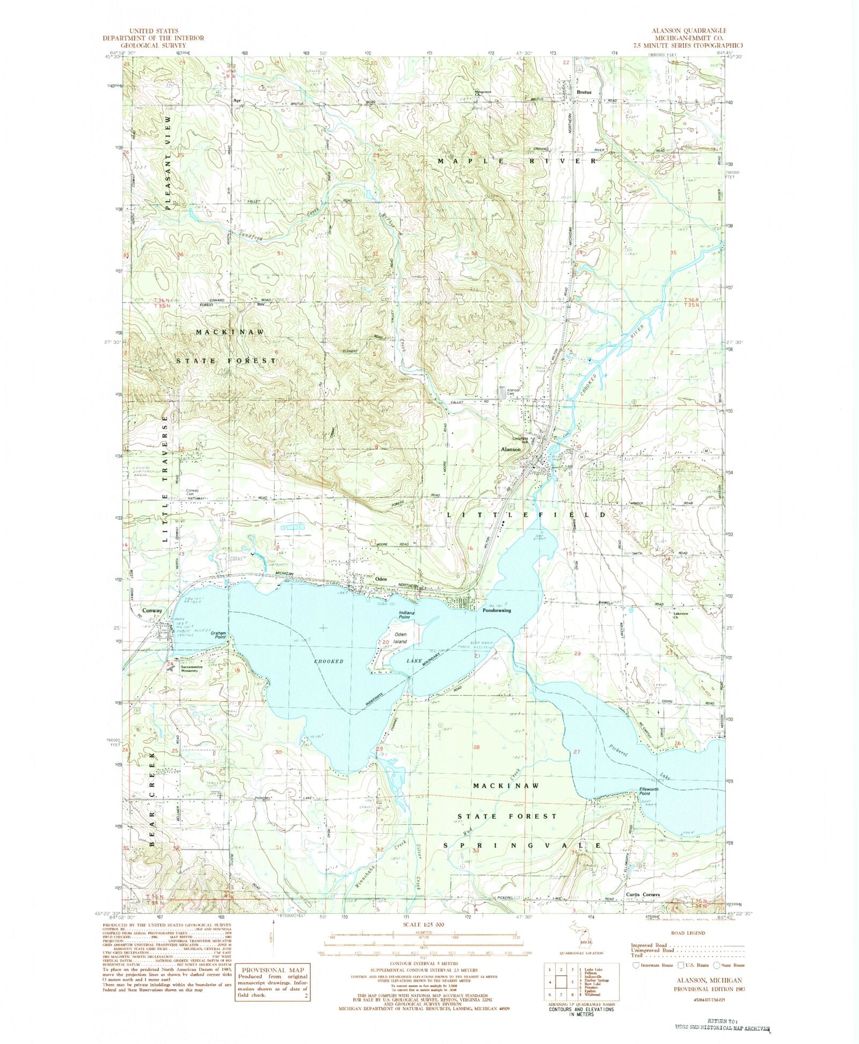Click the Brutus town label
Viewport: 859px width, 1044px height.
coord(584,92)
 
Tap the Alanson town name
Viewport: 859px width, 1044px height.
coord(511,449)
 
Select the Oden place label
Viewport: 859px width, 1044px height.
coord(381,579)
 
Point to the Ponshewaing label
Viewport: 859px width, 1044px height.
coord(497,610)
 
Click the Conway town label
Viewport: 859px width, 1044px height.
coord(152,611)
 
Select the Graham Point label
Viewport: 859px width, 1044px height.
coord(219,635)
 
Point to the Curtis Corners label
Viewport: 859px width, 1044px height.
coord(643,895)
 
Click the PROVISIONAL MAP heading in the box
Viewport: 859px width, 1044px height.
coord(273,970)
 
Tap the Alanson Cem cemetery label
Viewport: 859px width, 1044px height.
coord(514,392)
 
